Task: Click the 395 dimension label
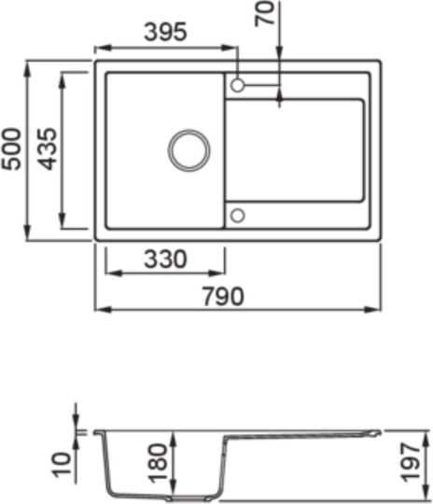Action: tap(165, 32)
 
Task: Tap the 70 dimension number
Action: tap(265, 13)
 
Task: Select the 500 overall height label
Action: tap(11, 148)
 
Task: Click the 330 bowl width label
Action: tap(165, 259)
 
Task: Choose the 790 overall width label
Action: tap(223, 297)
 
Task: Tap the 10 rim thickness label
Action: tap(62, 465)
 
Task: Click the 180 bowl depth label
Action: tap(159, 463)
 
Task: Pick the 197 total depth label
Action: tap(412, 463)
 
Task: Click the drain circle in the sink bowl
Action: tap(189, 130)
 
